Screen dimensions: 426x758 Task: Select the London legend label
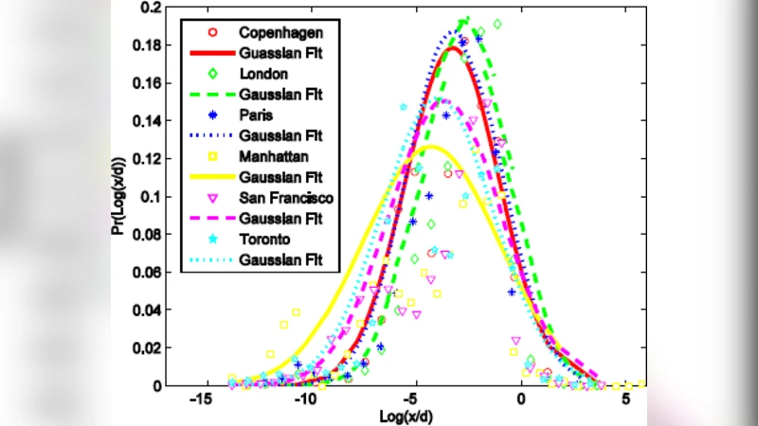pos(262,72)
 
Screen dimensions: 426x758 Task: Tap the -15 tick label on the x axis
pos(200,400)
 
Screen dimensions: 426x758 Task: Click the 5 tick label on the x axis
pos(626,400)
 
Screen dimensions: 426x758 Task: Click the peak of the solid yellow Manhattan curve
pos(431,147)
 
